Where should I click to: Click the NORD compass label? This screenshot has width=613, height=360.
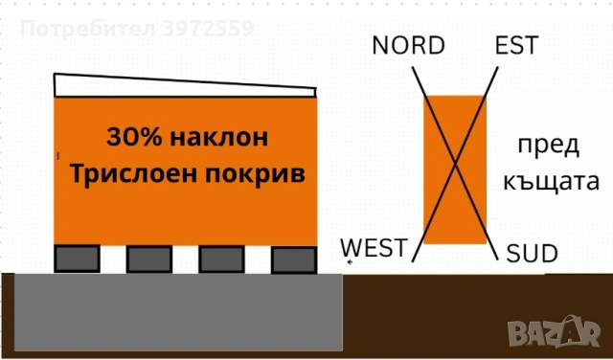pyautogui.click(x=409, y=45)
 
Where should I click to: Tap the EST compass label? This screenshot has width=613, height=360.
pyautogui.click(x=515, y=45)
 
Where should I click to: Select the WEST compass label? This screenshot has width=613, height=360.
pyautogui.click(x=374, y=247)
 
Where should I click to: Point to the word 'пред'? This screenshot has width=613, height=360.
pyautogui.click(x=548, y=146)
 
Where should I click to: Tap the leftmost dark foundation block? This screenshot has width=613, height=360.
pyautogui.click(x=77, y=259)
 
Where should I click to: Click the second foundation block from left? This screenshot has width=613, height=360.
pyautogui.click(x=149, y=259)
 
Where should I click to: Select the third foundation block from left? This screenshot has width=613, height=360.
pyautogui.click(x=221, y=259)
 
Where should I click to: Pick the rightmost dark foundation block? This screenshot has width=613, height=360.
pyautogui.click(x=293, y=259)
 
